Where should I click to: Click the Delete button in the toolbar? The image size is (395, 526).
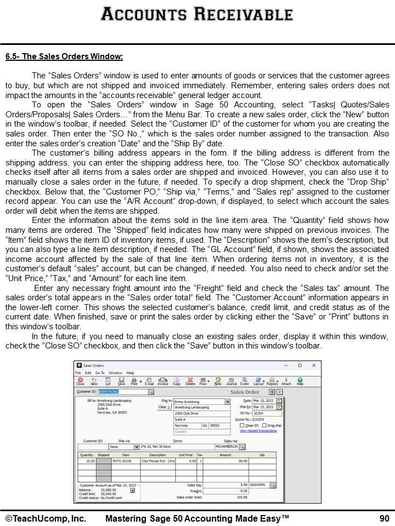(190, 381)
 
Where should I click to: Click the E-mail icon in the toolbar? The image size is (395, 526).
(149, 381)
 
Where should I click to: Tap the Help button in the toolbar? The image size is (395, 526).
(300, 381)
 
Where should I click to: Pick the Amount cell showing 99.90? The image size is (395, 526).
(226, 461)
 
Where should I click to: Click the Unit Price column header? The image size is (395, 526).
(185, 455)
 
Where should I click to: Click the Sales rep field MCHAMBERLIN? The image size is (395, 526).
(226, 447)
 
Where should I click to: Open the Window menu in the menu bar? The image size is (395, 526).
(115, 373)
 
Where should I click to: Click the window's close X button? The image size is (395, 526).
(313, 365)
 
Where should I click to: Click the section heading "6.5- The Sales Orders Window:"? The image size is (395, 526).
(64, 56)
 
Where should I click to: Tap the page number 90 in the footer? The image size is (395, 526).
(384, 518)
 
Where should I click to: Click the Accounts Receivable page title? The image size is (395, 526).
(198, 14)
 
